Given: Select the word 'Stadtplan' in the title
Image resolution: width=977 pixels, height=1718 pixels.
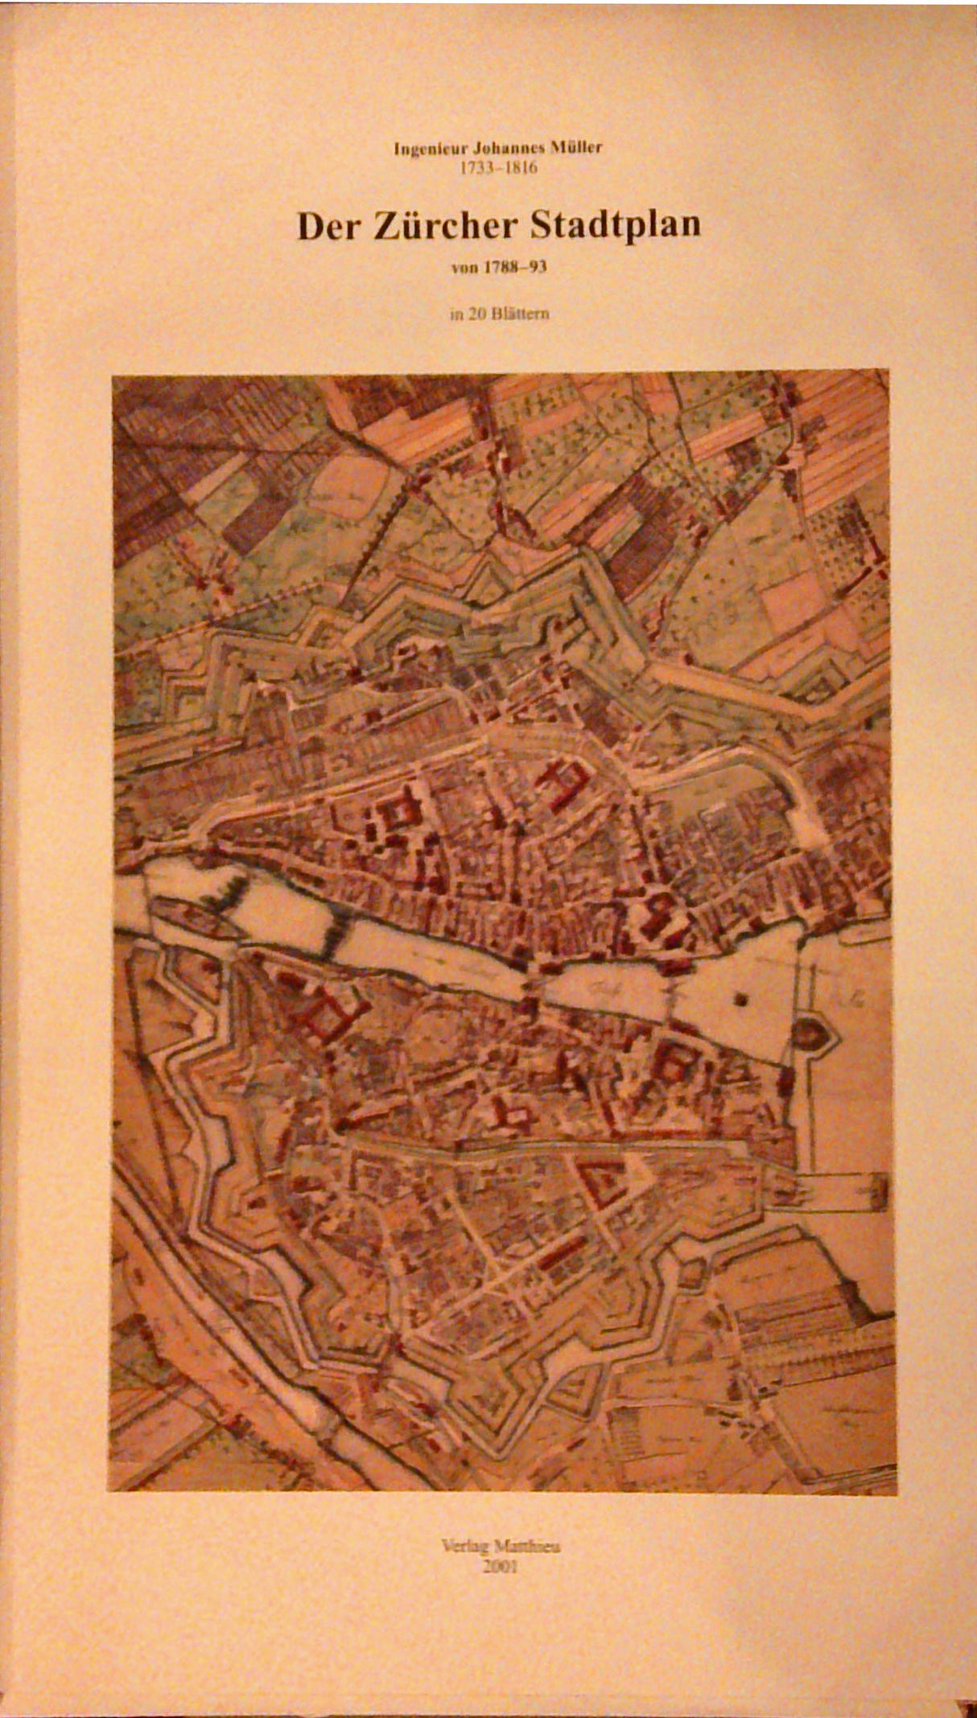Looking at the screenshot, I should click(x=615, y=225).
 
